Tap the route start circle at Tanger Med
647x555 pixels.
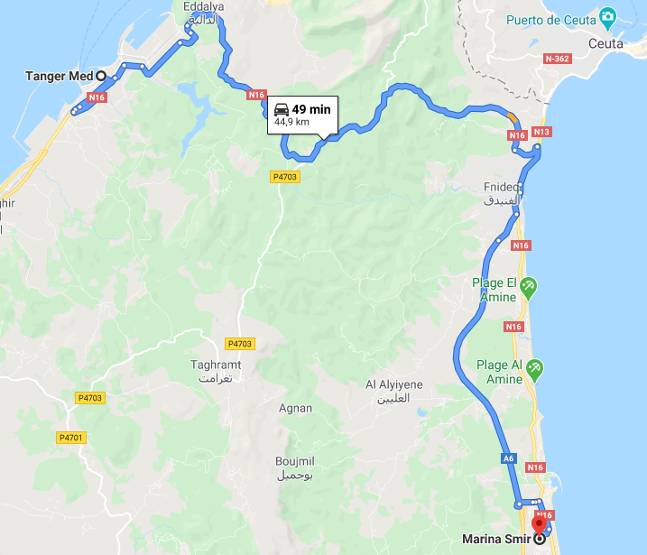tap(101, 76)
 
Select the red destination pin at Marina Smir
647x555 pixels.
tap(540, 524)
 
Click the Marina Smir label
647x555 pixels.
tap(495, 540)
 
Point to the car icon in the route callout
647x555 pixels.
tap(282, 109)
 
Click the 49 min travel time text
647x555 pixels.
tap(311, 109)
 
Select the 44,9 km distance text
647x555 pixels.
tap(291, 122)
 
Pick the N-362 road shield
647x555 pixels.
tap(558, 59)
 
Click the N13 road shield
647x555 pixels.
tap(541, 132)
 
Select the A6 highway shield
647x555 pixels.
tap(509, 458)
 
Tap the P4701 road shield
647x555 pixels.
tap(70, 438)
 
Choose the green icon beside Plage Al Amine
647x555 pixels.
tap(535, 368)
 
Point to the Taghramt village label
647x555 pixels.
tap(217, 365)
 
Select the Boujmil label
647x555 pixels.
tap(294, 461)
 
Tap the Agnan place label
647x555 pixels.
tap(296, 408)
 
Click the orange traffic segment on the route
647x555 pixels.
tap(513, 117)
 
